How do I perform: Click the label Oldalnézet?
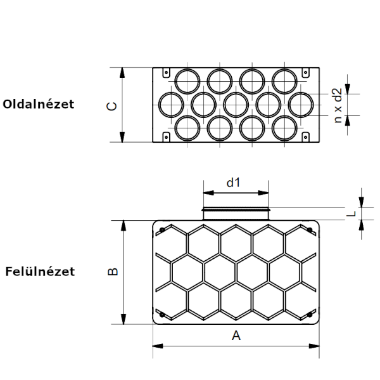pos(38,104)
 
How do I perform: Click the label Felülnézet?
pos(40,272)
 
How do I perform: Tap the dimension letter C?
pos(111,107)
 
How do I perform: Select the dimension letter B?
pos(113,272)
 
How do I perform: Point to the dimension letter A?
pos(236,336)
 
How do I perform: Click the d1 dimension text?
pos(233,182)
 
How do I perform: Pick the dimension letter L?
pos(351,214)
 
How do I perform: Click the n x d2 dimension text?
pos(338,105)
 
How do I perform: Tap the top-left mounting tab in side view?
pos(166,72)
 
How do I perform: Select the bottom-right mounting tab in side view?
pos(306,137)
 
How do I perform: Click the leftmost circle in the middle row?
pos(171,105)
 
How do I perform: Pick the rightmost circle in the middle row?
pos(301,105)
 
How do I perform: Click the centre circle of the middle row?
pos(236,105)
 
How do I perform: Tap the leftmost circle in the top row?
pos(187,81)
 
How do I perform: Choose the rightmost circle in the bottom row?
pos(284,128)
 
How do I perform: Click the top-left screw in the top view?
pos(162,230)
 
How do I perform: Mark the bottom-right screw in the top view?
pos(310,315)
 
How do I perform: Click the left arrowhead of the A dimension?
pos(158,346)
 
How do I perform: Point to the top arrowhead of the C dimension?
pos(122,73)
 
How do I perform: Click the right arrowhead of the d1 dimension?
pos(263,193)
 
